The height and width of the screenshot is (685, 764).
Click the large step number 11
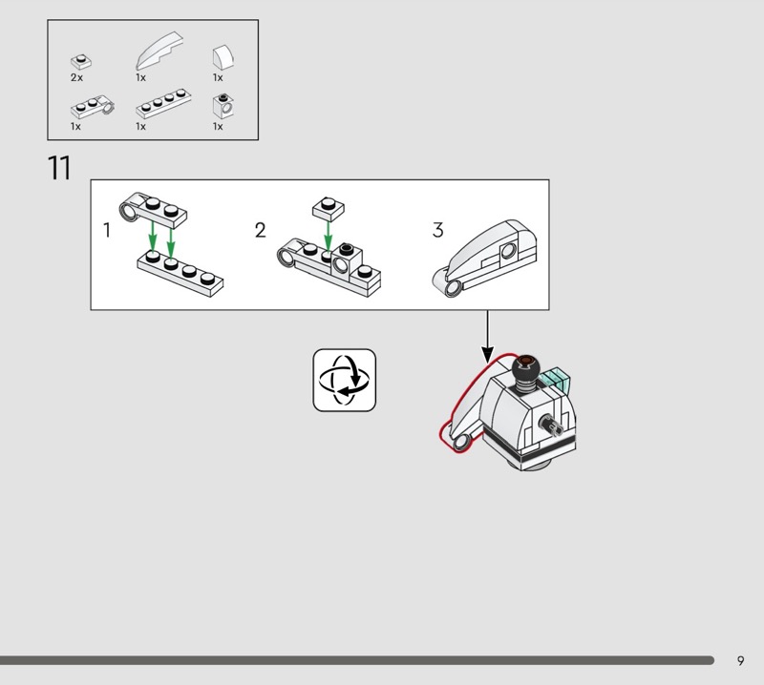coord(59,168)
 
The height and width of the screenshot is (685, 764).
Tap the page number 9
coord(740,660)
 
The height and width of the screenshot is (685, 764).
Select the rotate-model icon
coord(345,381)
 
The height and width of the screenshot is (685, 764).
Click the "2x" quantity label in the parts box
coord(76,77)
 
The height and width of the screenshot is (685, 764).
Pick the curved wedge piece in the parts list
coord(159,51)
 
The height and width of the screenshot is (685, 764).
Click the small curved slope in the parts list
coord(223,57)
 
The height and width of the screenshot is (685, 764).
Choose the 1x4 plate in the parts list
coord(163,104)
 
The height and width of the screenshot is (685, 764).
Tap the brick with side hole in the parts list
coord(223,106)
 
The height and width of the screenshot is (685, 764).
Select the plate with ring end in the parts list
coord(93,106)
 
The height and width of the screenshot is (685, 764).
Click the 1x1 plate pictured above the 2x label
coord(81,62)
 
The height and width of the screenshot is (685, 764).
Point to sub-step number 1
coord(107,230)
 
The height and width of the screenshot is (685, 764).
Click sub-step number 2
coord(260,230)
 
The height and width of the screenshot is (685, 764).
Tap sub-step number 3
coord(437,230)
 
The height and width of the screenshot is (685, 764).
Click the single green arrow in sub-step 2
coord(328,237)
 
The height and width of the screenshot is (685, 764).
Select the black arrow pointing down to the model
coord(487,337)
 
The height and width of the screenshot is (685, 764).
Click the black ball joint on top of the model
coord(525,368)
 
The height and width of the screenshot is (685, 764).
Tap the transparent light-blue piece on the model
coord(557,380)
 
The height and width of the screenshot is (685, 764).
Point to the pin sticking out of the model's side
coord(552,425)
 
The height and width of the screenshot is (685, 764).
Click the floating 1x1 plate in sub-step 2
coord(329,209)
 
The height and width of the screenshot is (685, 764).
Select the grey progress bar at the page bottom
coord(356,660)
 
